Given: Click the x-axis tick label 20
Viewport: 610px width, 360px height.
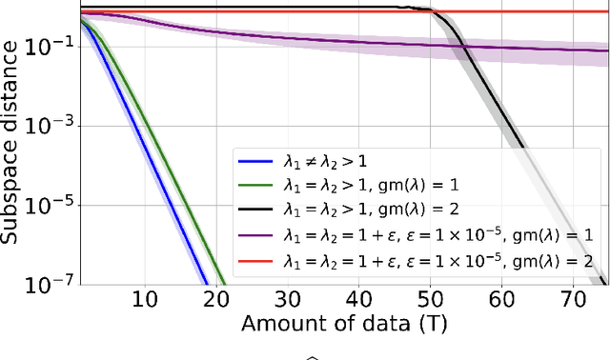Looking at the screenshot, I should (215, 300).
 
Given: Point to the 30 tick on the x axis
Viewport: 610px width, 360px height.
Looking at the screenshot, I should (288, 300).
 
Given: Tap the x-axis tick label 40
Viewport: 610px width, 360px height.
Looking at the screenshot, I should (360, 300).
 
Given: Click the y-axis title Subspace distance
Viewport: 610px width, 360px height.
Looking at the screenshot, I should (12, 148).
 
